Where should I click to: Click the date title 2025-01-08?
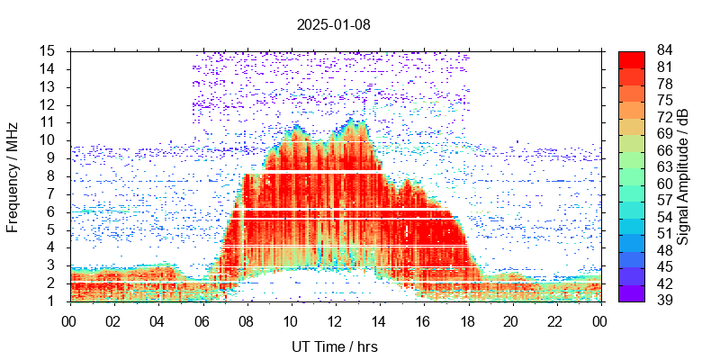[333, 24]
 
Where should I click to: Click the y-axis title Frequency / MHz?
[13, 175]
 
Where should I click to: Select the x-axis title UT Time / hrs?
[335, 346]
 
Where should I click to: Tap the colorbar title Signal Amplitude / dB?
[684, 175]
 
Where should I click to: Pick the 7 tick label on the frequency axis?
[53, 193]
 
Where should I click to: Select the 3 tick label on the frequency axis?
[53, 265]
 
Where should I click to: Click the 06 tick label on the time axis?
[202, 320]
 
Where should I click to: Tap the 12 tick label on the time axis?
[335, 320]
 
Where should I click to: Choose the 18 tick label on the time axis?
[467, 320]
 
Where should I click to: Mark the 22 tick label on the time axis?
[555, 320]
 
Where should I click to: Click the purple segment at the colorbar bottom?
[631, 293]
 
